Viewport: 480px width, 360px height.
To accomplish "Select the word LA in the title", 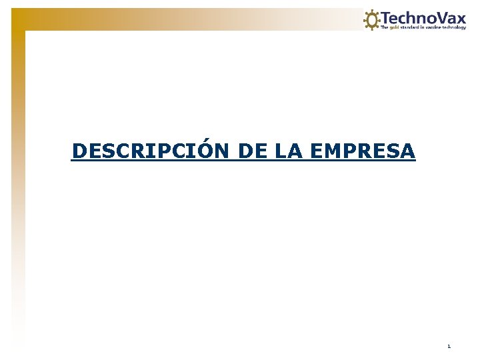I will [x=287, y=151].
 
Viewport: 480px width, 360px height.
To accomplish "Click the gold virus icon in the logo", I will [x=371, y=19].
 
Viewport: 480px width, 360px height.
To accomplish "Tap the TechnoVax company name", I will [x=423, y=17].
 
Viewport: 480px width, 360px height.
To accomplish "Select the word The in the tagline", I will [x=384, y=27].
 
